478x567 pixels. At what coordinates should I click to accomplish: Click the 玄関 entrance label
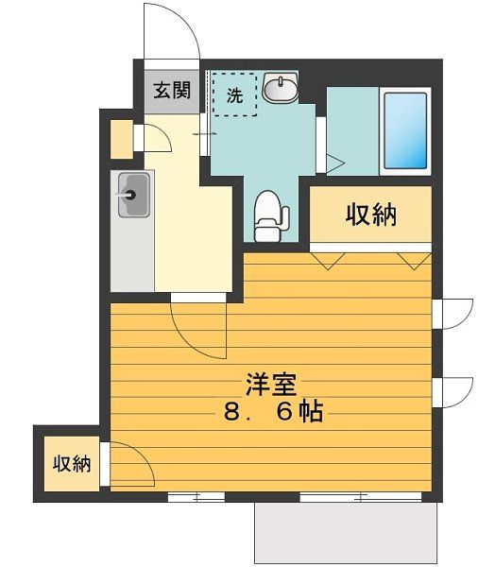(x=174, y=92)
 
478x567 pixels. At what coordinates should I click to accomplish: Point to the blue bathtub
(x=405, y=130)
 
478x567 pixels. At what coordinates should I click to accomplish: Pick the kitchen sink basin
(x=131, y=197)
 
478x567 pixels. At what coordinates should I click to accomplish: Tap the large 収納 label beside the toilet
(x=370, y=215)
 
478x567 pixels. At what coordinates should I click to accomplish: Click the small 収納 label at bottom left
(x=71, y=464)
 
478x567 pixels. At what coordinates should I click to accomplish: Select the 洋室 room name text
(x=272, y=386)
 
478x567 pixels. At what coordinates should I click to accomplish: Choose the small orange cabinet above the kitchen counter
(x=121, y=139)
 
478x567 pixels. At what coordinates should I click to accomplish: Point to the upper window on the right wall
(x=452, y=313)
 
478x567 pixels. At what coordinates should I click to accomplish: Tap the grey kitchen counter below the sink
(x=131, y=255)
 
